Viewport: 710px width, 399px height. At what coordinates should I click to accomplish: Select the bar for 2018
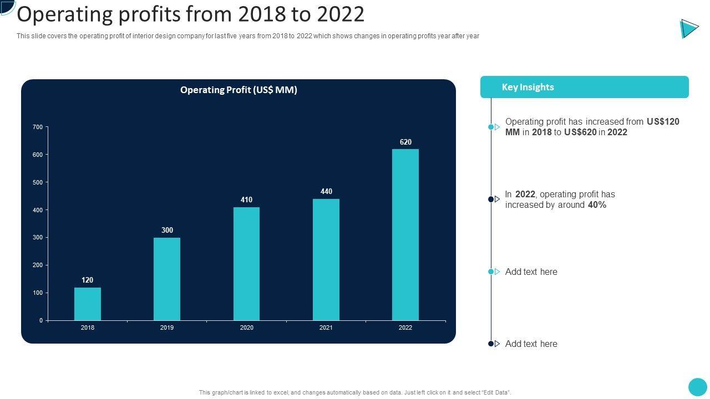[x=88, y=304]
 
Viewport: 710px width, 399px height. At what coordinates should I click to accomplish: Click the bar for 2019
[x=167, y=279]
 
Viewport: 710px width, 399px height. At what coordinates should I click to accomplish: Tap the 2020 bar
[x=246, y=264]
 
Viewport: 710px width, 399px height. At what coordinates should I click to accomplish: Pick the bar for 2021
[x=326, y=259]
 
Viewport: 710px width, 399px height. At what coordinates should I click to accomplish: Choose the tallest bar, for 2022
[x=405, y=234]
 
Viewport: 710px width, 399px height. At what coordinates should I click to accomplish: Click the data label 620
[x=405, y=142]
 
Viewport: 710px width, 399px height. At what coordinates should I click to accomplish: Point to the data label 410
[x=246, y=200]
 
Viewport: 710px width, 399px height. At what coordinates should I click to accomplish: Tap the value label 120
[x=88, y=280]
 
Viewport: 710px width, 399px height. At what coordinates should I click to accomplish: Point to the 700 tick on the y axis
[x=38, y=127]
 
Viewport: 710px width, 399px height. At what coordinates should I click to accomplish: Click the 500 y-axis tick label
[x=38, y=182]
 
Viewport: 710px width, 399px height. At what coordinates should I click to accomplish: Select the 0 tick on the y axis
[x=41, y=320]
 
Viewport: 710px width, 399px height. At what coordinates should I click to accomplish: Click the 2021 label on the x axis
[x=326, y=328]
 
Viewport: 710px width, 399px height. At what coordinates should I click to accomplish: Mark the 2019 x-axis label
[x=167, y=328]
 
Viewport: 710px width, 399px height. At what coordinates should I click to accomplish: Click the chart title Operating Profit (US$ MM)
[x=239, y=90]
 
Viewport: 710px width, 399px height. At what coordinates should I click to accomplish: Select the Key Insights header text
[x=528, y=87]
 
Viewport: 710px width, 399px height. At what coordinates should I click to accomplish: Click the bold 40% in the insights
[x=597, y=205]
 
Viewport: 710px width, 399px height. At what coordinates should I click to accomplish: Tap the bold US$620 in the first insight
[x=580, y=132]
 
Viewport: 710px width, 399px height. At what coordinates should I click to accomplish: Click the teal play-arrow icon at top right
[x=689, y=28]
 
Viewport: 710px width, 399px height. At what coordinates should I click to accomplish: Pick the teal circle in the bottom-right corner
[x=697, y=387]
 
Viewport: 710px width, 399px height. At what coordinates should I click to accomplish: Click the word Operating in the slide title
[x=67, y=14]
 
